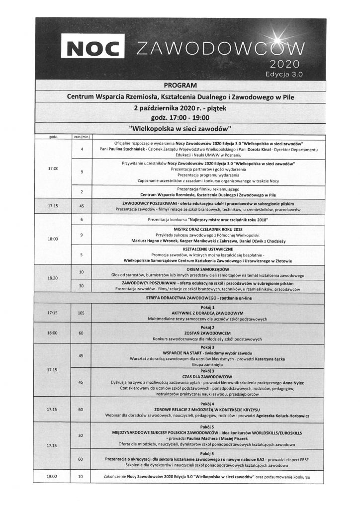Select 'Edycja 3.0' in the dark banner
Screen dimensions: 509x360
[284, 73]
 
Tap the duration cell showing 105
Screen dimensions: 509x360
[81, 313]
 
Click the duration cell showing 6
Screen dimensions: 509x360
[81, 219]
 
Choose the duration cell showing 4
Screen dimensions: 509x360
[81, 149]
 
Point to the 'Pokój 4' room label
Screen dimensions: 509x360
[208, 404]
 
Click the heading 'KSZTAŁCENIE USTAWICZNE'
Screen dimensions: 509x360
[208, 248]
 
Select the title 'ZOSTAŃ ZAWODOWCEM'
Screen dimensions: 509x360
[208, 333]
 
